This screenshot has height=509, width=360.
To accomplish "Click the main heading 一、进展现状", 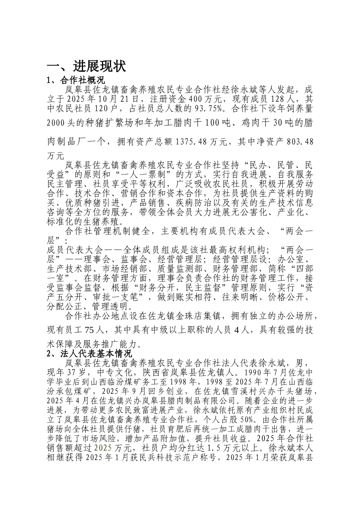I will click(x=86, y=67).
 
